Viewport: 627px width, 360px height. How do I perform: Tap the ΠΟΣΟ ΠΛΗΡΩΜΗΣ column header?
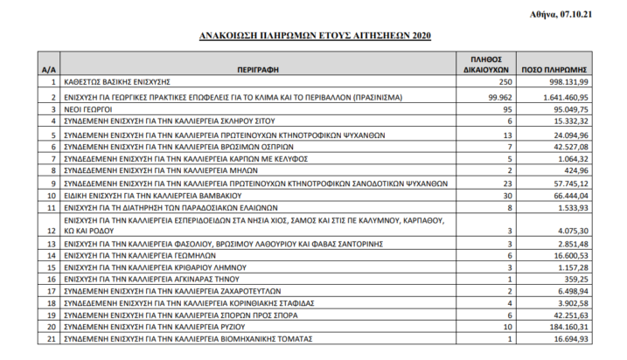559,67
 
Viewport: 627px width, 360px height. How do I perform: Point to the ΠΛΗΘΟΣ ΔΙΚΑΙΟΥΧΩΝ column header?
484,61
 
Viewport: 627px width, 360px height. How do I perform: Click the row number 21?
52,338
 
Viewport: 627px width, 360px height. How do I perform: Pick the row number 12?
52,231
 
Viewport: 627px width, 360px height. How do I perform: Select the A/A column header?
52,67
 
